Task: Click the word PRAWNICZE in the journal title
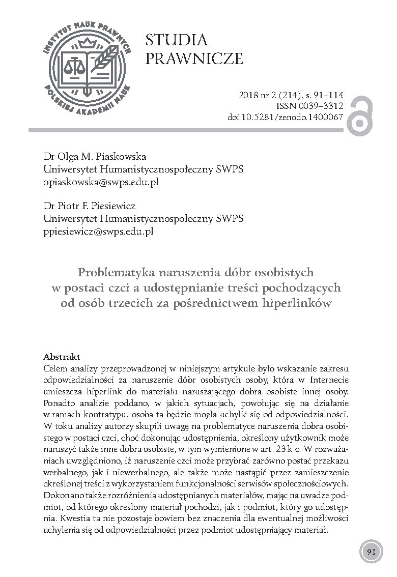pos(194,60)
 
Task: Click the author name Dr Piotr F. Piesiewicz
pos(95,207)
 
